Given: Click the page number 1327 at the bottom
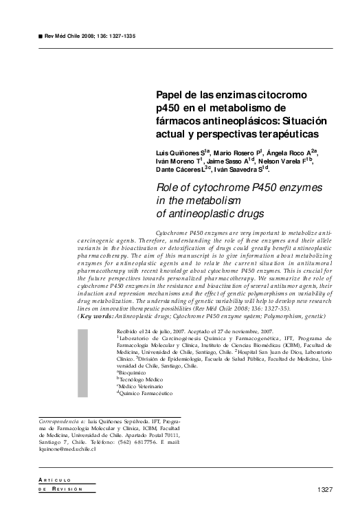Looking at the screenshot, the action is [325, 489].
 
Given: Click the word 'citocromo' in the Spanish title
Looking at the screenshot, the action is [280, 93].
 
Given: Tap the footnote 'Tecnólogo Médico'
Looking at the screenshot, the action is [143, 379].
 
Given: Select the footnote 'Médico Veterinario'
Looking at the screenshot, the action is [144, 386].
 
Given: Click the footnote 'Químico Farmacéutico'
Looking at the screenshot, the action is [146, 394].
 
